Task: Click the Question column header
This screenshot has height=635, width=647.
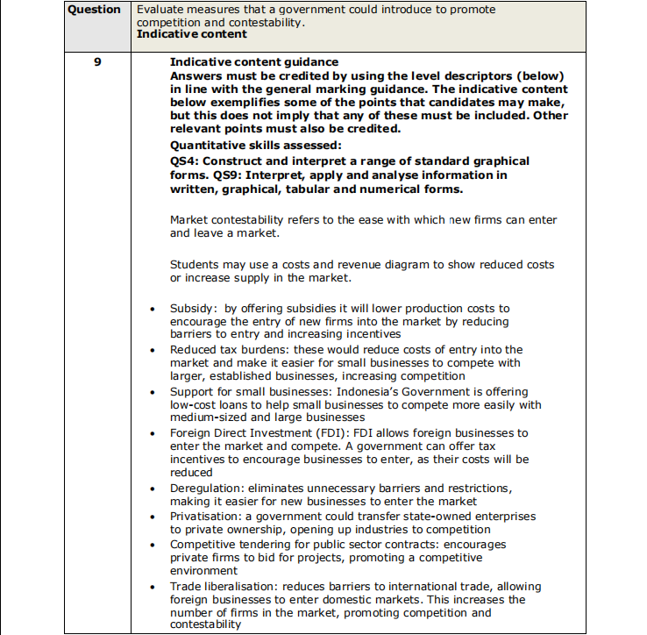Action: click(94, 10)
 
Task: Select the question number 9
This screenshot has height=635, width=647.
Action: click(95, 62)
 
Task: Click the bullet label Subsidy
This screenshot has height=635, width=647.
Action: click(192, 309)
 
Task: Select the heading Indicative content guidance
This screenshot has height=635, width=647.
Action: click(253, 62)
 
